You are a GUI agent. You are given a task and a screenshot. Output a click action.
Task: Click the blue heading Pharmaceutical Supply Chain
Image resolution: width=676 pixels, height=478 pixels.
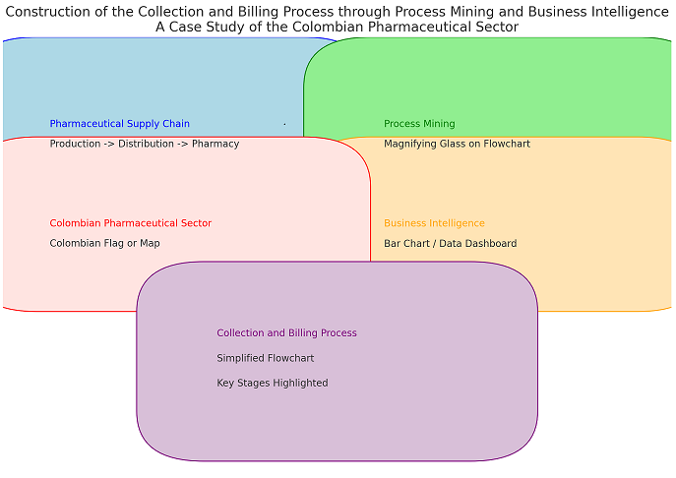(x=119, y=124)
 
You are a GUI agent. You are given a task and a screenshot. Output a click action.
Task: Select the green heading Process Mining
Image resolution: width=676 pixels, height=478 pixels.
(x=419, y=124)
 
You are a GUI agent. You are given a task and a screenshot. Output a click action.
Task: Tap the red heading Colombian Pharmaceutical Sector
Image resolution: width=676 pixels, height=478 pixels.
(x=130, y=223)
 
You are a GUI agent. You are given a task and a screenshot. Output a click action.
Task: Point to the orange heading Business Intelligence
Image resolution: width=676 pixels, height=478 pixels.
(x=434, y=223)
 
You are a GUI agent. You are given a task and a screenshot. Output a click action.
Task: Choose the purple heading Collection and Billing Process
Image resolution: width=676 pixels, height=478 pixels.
(x=286, y=333)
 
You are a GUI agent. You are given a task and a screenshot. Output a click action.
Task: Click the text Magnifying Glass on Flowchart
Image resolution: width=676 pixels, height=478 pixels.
(x=457, y=144)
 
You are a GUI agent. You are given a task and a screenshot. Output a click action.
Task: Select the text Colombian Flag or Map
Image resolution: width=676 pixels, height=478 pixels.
(x=104, y=243)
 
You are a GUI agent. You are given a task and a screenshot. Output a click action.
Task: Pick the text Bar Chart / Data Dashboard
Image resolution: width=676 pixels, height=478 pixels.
(x=450, y=243)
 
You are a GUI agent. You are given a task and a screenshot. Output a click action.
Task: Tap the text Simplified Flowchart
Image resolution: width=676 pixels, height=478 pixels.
(x=265, y=358)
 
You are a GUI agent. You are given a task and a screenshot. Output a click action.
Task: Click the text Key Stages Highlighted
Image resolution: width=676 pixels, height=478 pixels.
(x=272, y=383)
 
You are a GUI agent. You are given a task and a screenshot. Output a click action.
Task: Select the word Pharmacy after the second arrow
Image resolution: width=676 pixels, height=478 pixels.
(x=215, y=144)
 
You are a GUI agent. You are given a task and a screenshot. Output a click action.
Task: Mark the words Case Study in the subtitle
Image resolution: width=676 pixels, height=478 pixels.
(x=202, y=27)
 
